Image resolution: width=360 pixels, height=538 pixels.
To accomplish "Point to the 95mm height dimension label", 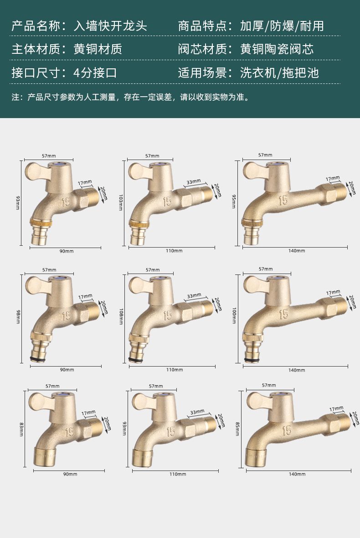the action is coord(234,200).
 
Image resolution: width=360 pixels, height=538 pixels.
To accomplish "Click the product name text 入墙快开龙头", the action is coord(110,26).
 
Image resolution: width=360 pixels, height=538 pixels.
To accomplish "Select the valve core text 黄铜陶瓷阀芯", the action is coord(277,49).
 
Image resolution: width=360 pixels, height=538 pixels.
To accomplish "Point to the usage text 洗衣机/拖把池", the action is coord(279,72).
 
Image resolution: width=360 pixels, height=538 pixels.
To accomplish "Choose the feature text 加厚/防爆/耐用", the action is coord(282,26).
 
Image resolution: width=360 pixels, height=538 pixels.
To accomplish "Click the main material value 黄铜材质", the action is coord(98,49).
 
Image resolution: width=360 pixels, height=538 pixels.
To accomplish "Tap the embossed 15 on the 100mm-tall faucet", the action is coord(283,314).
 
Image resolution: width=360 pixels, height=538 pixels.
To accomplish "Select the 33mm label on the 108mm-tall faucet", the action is coord(193,296).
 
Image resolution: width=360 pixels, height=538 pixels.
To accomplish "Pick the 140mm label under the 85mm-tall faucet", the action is coord(297,474).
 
